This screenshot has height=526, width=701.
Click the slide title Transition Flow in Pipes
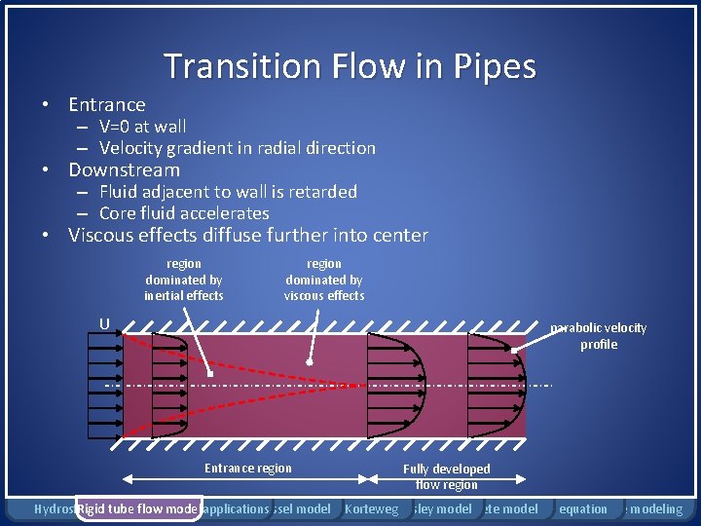click(350, 66)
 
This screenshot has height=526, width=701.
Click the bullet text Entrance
click(107, 104)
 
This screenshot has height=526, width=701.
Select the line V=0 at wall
click(142, 126)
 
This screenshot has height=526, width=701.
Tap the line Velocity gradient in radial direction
click(237, 148)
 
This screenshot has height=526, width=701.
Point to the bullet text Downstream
click(124, 169)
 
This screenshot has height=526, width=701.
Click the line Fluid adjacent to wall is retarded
click(228, 192)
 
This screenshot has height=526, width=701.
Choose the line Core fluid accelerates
click(184, 213)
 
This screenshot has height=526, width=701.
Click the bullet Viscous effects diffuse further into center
click(247, 235)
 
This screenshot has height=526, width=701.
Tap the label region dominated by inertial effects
click(184, 280)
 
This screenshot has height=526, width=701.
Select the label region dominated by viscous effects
click(324, 280)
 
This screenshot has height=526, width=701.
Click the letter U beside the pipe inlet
click(103, 324)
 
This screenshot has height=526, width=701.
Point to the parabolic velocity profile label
click(598, 336)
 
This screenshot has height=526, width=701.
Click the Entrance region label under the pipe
click(248, 469)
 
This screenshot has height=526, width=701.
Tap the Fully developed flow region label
click(447, 476)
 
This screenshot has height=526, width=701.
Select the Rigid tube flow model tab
click(137, 508)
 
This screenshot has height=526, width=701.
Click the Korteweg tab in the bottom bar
click(372, 508)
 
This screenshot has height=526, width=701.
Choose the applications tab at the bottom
click(236, 508)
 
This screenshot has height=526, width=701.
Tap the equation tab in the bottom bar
click(583, 508)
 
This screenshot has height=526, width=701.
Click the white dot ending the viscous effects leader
click(309, 362)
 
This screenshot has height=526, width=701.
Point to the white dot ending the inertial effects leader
click(210, 372)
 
